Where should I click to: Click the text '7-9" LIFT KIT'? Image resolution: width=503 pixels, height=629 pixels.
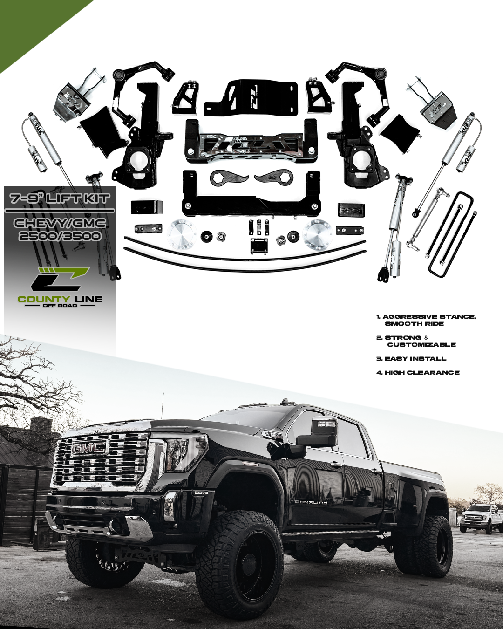pyautogui.click(x=60, y=199)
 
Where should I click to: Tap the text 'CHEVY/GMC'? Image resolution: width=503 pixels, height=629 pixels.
pyautogui.click(x=60, y=224)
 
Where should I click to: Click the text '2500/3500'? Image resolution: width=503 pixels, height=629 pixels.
pyautogui.click(x=60, y=236)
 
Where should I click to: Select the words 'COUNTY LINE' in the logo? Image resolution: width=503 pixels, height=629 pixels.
pyautogui.click(x=60, y=299)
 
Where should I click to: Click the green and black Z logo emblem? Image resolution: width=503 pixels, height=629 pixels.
pyautogui.click(x=60, y=278)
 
